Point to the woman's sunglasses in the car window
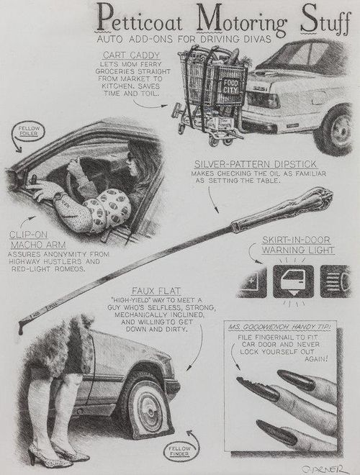(131, 156)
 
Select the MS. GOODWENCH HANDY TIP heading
(279, 327)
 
